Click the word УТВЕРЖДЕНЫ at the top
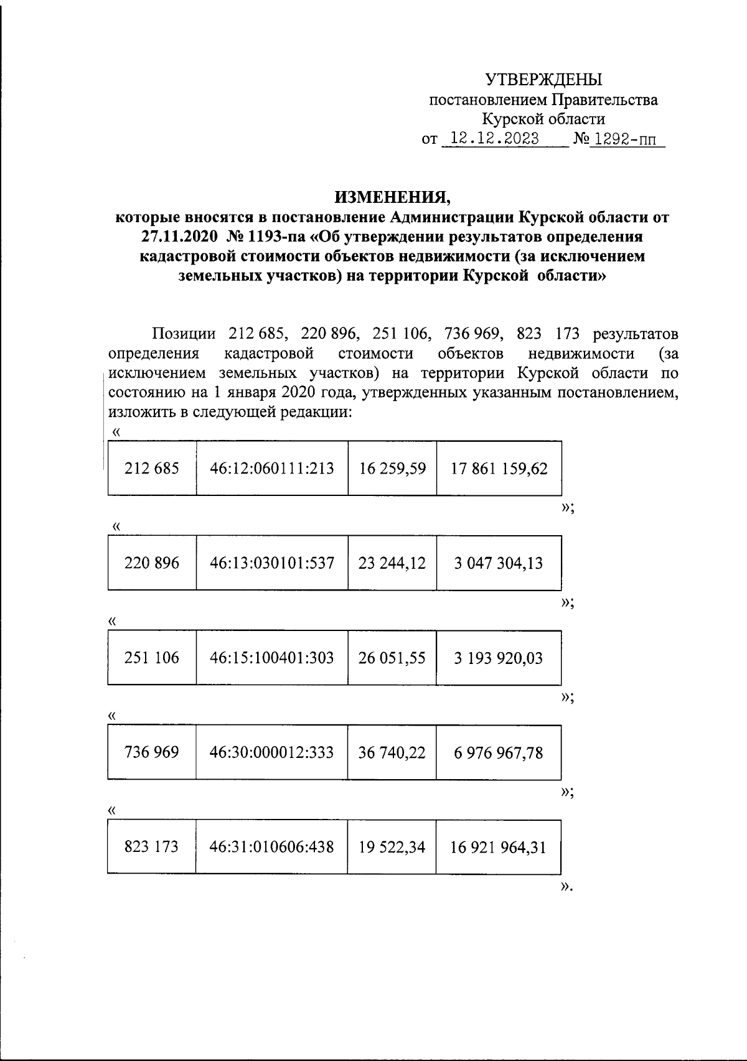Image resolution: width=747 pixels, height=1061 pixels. coord(543,80)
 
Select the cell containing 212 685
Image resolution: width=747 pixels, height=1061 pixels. coord(152,469)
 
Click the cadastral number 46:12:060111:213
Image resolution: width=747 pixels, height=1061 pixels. coord(272,469)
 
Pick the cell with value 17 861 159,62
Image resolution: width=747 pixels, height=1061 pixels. coord(499,469)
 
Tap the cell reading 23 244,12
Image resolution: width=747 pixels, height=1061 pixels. coord(392,563)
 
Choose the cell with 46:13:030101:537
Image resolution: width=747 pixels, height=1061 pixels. coord(272,563)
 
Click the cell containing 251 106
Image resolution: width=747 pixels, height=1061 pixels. coord(152,658)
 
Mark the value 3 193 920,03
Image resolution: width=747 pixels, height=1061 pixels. coord(499,658)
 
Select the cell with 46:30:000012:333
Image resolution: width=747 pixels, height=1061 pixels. coord(271,752)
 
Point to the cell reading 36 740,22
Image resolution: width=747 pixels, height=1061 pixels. coord(392,753)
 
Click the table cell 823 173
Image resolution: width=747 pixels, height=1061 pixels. coord(152,847)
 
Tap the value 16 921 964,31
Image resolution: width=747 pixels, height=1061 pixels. coord(499,848)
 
